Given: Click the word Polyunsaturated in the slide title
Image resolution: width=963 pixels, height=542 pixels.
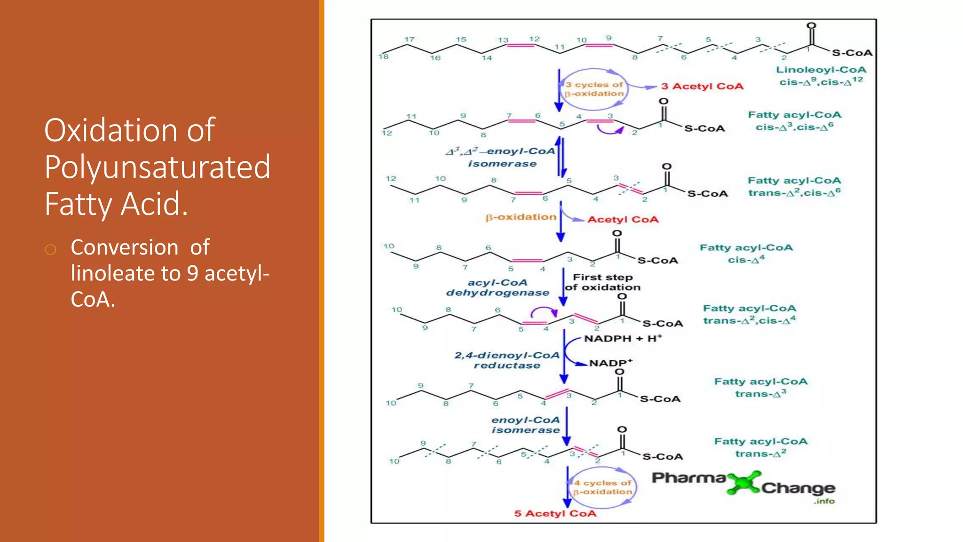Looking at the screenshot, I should (157, 167).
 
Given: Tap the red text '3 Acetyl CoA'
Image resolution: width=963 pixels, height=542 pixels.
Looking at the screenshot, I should (702, 87).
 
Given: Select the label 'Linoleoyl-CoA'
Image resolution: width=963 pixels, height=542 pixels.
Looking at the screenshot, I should (821, 70).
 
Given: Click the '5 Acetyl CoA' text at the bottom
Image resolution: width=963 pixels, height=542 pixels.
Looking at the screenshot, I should (555, 514).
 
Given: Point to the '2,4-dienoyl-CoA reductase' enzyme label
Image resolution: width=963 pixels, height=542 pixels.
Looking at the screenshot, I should (506, 360).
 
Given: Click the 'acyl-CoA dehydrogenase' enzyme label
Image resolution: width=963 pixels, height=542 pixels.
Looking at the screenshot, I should (497, 287).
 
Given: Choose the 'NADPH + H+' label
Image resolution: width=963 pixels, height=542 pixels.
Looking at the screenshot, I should (623, 339).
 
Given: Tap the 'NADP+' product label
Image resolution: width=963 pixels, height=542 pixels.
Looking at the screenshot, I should (610, 363).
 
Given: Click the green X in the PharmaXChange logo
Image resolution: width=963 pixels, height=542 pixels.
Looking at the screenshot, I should (743, 483).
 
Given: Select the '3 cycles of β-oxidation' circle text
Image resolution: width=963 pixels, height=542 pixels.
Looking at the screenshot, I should (594, 89).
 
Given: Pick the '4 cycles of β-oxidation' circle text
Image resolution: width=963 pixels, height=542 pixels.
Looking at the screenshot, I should (602, 487).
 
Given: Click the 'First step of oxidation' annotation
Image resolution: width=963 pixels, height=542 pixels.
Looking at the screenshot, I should (603, 282).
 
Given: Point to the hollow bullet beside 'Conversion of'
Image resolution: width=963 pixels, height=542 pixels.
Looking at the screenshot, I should (51, 249).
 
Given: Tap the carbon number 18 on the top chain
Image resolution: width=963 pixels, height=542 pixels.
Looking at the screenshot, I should (384, 57).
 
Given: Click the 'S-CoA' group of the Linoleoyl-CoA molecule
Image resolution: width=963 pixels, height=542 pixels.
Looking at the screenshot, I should (852, 53).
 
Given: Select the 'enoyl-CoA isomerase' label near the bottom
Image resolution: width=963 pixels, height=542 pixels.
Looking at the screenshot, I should (525, 425).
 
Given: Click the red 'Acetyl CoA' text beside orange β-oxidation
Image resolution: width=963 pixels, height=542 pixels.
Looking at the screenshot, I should (623, 220).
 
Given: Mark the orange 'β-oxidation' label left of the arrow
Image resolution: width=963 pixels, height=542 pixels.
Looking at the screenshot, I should (521, 217).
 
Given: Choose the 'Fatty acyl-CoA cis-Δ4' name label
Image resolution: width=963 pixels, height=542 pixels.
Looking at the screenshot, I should (746, 254).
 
